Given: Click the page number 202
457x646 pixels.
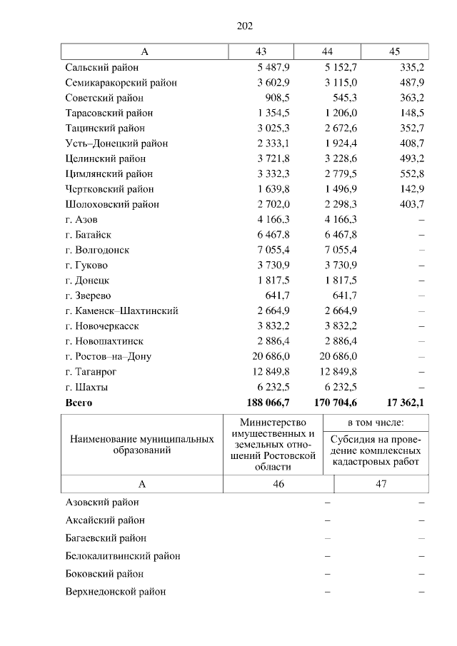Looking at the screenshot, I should click(x=245, y=26).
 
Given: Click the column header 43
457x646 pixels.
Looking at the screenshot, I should click(x=261, y=52).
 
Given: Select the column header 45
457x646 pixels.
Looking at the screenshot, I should click(x=394, y=52).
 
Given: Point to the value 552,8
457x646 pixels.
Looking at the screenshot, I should click(x=410, y=174).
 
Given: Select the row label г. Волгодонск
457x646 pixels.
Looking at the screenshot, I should click(x=98, y=250).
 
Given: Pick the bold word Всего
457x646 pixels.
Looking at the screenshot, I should click(x=79, y=403).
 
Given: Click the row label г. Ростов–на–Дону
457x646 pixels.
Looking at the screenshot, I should click(x=108, y=356).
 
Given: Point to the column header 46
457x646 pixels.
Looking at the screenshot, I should click(x=278, y=484).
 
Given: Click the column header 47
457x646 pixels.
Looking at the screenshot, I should click(x=381, y=484).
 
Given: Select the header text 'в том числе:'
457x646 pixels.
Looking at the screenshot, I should click(x=376, y=423).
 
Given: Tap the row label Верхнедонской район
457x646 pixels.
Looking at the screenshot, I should click(x=115, y=592).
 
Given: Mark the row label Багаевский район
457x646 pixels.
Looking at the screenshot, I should click(x=106, y=538).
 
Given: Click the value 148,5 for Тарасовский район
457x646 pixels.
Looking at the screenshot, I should click(x=410, y=113).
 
